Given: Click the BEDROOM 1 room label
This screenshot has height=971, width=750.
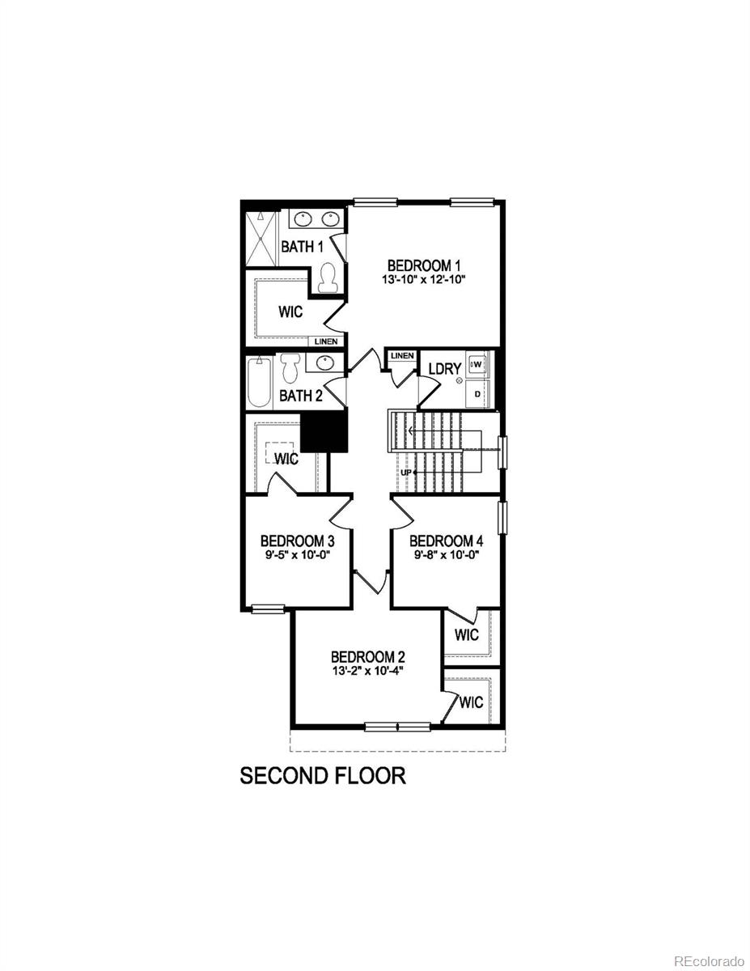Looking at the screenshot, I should [x=424, y=265].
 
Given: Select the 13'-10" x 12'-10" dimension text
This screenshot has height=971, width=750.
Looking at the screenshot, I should [x=424, y=279].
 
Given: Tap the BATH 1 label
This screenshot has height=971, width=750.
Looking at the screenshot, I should [x=302, y=247].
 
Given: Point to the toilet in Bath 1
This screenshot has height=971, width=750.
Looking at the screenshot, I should [x=328, y=278].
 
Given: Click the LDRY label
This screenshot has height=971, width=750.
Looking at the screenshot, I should [x=444, y=369].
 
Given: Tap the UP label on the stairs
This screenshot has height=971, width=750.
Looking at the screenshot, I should [x=407, y=473].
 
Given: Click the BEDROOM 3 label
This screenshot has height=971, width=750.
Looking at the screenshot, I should [x=292, y=541].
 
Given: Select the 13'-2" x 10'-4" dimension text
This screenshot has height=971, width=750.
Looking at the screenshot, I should [x=367, y=670].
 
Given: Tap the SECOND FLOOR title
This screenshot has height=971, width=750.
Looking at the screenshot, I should [x=323, y=776].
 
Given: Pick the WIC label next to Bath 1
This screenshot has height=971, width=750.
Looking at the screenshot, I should [x=290, y=312].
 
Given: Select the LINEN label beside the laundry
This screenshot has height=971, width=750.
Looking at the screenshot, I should [x=402, y=356].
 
